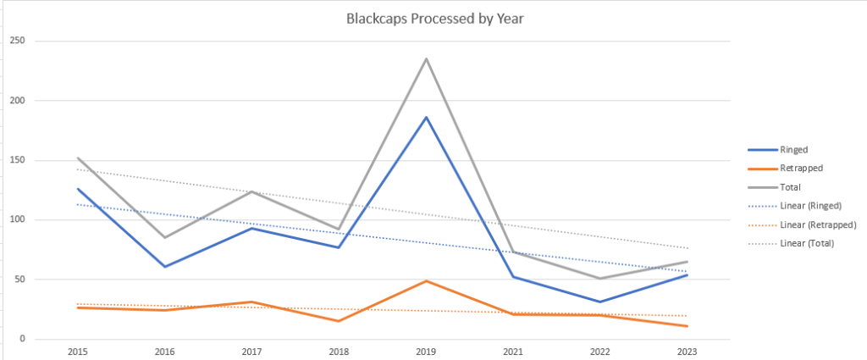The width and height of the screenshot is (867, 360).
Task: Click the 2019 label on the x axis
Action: (426, 351)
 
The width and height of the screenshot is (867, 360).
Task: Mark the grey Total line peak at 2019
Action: (426, 58)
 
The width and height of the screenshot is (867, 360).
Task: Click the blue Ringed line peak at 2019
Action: (426, 117)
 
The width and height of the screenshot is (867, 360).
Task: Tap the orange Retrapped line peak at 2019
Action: (426, 280)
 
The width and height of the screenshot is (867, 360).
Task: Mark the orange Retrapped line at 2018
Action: (338, 321)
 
